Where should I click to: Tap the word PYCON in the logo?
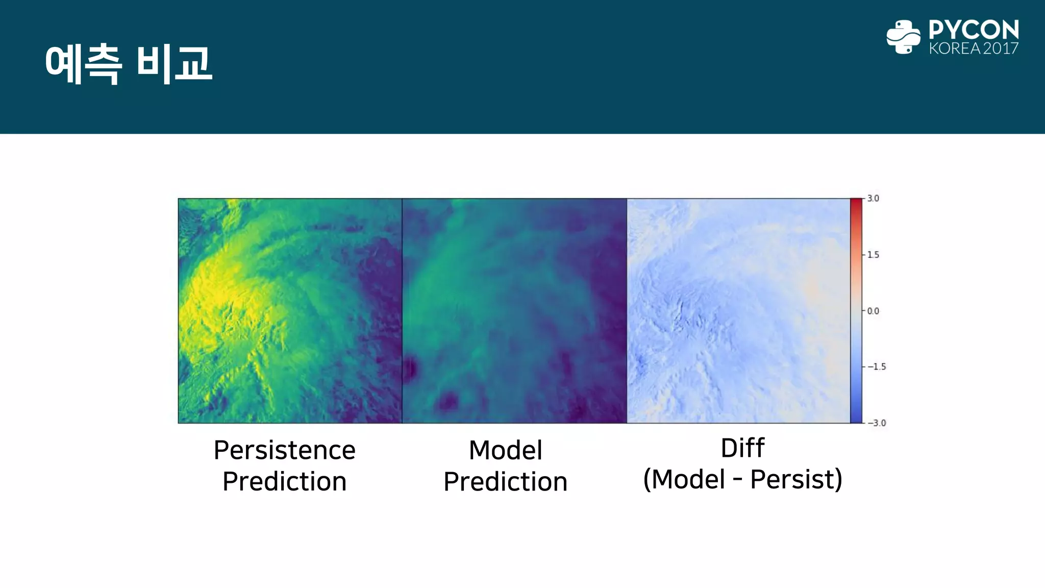(x=973, y=30)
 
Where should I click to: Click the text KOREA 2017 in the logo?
(x=973, y=48)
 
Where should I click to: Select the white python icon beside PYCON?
(x=903, y=37)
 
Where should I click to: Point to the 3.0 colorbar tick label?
(x=873, y=199)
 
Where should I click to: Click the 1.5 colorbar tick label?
(x=873, y=255)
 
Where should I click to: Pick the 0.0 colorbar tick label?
(x=873, y=311)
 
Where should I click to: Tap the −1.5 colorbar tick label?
(x=876, y=366)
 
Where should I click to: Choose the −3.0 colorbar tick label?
(x=876, y=423)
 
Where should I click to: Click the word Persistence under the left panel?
(x=284, y=450)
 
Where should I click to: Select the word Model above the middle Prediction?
(x=505, y=450)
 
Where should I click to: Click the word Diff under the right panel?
(x=742, y=448)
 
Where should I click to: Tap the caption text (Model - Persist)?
(x=742, y=479)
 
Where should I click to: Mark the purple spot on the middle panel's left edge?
(x=410, y=369)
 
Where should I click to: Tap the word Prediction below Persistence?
(x=284, y=482)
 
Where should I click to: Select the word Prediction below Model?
(x=505, y=482)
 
